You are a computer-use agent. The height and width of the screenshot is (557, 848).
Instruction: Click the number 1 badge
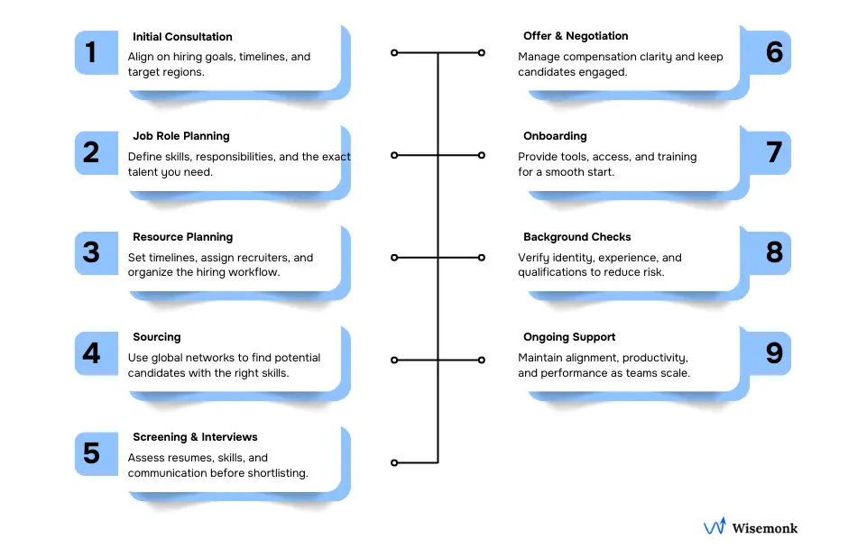pos(91,52)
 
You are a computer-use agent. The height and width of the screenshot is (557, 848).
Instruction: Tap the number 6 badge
pos(774,51)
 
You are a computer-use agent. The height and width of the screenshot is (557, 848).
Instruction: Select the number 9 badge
pos(774,352)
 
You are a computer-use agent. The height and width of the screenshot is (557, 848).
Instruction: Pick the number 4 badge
pos(91,352)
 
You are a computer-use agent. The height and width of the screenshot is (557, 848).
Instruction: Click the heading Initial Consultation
pos(182,37)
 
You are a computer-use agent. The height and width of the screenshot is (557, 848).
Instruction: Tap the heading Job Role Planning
pos(180,136)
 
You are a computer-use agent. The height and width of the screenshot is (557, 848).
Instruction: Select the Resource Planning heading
pos(182,237)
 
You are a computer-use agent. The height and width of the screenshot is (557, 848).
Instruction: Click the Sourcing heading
pos(156,337)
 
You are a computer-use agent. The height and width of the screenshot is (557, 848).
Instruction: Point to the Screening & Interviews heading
pos(195,437)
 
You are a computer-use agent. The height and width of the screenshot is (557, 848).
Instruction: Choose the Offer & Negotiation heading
pos(576,36)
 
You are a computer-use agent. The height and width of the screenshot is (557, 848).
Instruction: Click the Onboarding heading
pos(555,136)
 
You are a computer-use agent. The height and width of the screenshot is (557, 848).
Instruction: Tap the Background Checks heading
pos(576,237)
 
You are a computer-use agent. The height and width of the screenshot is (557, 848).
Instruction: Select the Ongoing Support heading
pos(569,337)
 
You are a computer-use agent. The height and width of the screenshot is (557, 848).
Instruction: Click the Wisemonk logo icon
pos(714,527)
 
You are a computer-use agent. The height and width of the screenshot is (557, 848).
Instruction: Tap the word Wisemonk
pos(765,528)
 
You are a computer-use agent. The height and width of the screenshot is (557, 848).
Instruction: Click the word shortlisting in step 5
pos(276,473)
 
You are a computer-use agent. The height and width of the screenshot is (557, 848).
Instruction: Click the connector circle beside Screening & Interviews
pos(394,462)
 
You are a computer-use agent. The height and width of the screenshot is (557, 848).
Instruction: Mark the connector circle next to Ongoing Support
pos(482,360)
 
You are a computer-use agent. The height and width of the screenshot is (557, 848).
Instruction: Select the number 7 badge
pos(774,152)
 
